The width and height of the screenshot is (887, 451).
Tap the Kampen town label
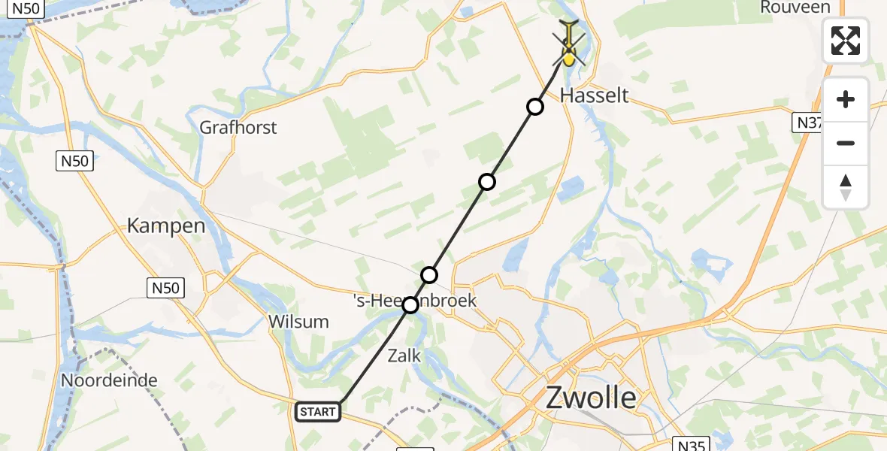(166, 225)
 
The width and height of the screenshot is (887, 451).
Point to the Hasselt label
(595, 95)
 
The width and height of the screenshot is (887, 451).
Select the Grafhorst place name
(238, 128)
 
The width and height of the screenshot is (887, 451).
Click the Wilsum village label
(298, 322)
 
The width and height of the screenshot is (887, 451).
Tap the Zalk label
(404, 356)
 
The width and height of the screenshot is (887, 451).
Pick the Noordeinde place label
(109, 380)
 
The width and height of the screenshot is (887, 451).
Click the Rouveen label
(795, 8)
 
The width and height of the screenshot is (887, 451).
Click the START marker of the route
(318, 412)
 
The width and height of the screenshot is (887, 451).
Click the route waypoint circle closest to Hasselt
(534, 107)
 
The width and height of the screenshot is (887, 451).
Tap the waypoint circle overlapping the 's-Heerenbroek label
(410, 305)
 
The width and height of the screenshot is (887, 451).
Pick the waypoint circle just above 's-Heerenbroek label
(428, 275)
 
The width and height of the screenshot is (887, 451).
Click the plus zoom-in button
(846, 100)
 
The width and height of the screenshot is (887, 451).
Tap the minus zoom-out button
(846, 143)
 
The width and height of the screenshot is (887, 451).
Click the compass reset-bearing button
(846, 187)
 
